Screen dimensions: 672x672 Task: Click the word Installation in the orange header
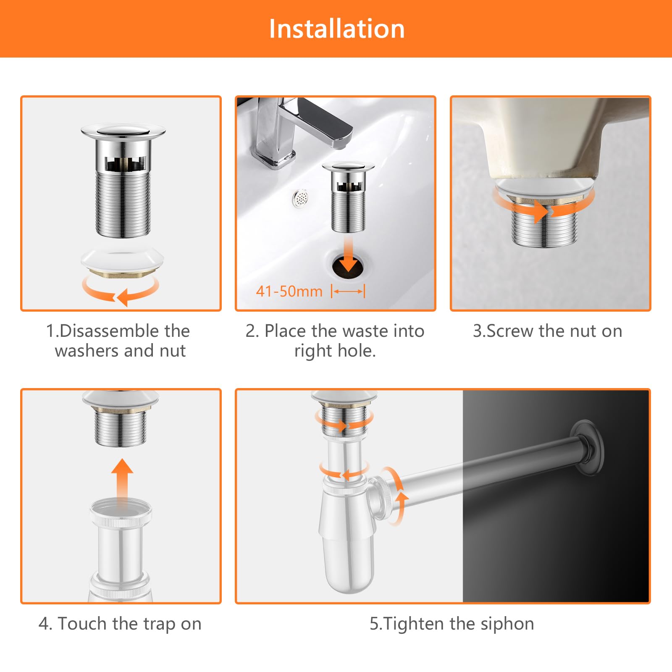(x=337, y=29)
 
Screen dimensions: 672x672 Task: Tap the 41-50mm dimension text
(x=289, y=291)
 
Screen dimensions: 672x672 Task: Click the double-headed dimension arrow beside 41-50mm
(x=348, y=291)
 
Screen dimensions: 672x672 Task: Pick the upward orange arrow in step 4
(x=122, y=479)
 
